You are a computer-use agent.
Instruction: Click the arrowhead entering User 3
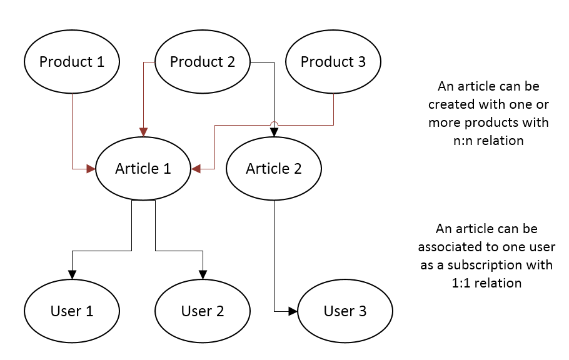pyautogui.click(x=293, y=311)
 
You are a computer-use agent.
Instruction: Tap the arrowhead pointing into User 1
pyautogui.click(x=72, y=275)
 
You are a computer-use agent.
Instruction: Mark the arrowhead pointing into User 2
pyautogui.click(x=203, y=275)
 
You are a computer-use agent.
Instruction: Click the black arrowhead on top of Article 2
pyautogui.click(x=274, y=132)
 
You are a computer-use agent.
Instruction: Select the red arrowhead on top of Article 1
pyautogui.click(x=143, y=132)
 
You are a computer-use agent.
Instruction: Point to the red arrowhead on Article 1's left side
pyautogui.click(x=91, y=169)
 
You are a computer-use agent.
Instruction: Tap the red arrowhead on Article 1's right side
pyautogui.click(x=196, y=169)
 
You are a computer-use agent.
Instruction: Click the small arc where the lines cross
pyautogui.click(x=274, y=122)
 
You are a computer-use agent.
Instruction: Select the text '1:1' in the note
pyautogui.click(x=461, y=283)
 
